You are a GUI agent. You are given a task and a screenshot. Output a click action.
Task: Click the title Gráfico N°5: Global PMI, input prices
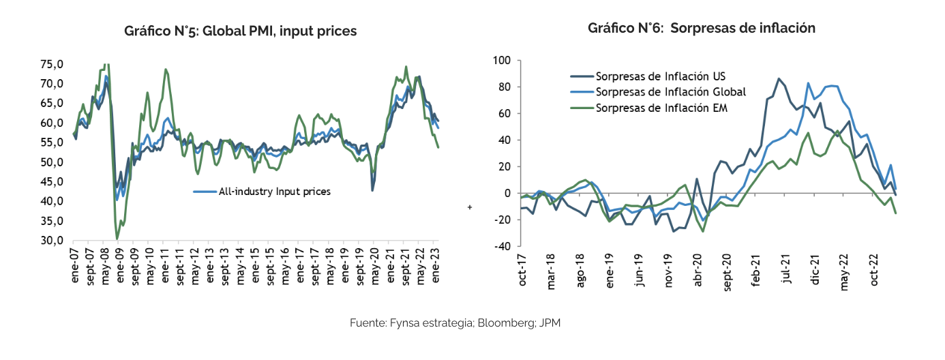point(240,31)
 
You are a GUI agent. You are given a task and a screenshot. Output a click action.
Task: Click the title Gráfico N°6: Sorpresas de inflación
point(702,28)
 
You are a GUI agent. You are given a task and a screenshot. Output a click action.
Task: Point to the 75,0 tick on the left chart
point(52,65)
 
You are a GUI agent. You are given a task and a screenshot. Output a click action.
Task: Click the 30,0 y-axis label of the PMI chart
point(52,241)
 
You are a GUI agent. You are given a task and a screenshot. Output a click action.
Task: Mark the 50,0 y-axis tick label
point(52,162)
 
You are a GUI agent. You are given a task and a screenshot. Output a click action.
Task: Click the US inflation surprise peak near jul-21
point(779,78)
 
